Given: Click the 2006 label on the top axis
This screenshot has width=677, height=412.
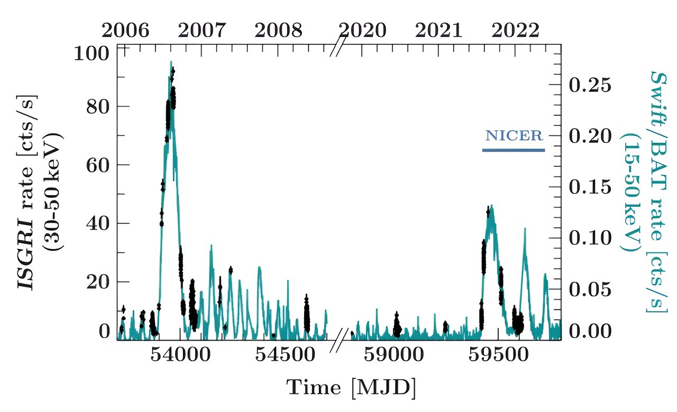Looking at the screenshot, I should tap(125, 30).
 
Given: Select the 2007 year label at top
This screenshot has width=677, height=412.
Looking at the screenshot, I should tap(202, 30).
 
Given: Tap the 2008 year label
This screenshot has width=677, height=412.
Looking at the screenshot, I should tap(279, 30).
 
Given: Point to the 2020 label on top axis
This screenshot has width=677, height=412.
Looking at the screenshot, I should tap(363, 30).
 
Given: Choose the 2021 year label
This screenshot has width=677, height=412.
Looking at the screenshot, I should tap(439, 30).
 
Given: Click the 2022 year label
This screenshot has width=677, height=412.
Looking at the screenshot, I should tap(516, 30).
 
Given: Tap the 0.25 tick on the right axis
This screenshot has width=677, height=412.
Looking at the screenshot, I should tap(590, 85).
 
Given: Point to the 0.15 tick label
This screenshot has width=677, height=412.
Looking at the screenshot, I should tap(590, 187).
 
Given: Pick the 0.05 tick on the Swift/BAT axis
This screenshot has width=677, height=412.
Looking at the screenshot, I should tap(590, 289).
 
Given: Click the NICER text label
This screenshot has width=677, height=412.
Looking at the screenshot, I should tap(514, 136).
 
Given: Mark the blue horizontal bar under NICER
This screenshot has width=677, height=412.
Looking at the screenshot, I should tap(514, 150).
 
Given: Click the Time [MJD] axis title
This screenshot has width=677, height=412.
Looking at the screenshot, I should tap(351, 388).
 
